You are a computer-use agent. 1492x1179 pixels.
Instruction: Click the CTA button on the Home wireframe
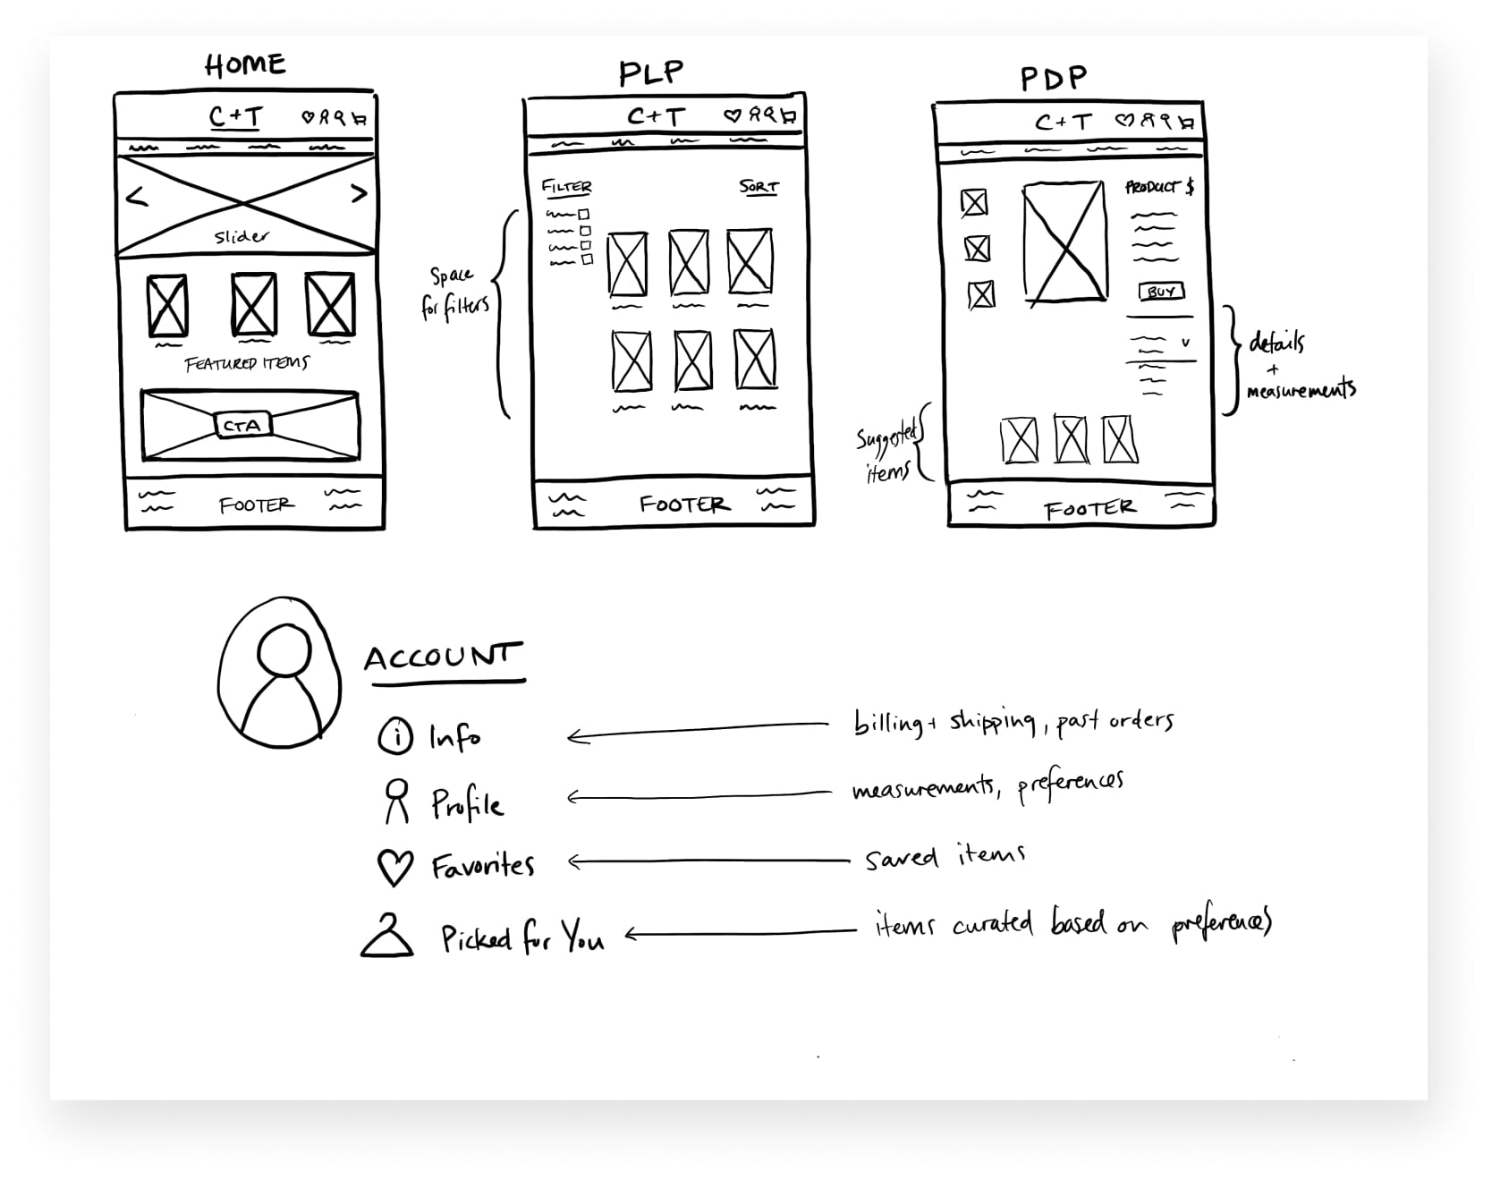pos(242,426)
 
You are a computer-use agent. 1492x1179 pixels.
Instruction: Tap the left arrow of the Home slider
pos(137,197)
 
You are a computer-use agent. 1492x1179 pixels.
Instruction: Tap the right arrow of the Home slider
pos(359,192)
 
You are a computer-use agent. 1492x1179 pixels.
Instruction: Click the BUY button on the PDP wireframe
pos(1161,292)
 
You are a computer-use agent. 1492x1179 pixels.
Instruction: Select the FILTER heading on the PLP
pos(566,187)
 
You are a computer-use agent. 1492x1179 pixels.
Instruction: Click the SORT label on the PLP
pos(759,187)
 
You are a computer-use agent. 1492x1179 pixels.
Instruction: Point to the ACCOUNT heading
pos(442,657)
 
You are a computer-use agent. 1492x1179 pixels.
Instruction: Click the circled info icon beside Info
pos(395,736)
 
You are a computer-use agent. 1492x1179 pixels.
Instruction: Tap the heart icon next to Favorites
pos(394,867)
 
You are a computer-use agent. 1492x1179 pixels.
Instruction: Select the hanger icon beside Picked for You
pos(387,937)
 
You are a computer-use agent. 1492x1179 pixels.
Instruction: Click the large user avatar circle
pos(280,673)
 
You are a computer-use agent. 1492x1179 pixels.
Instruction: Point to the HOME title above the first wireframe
pos(245,65)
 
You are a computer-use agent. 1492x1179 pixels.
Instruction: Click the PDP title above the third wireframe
pos(1054,79)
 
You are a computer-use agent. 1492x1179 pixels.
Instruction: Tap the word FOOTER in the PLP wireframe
pos(684,505)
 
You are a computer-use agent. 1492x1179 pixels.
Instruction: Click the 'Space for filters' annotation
pos(454,292)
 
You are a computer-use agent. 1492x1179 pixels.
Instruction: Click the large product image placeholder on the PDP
pos(1064,242)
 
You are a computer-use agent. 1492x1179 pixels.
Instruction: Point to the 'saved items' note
pos(944,856)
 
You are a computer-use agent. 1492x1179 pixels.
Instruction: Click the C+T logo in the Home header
pos(235,117)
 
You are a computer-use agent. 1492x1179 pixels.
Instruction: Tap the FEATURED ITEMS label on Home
pos(247,364)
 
